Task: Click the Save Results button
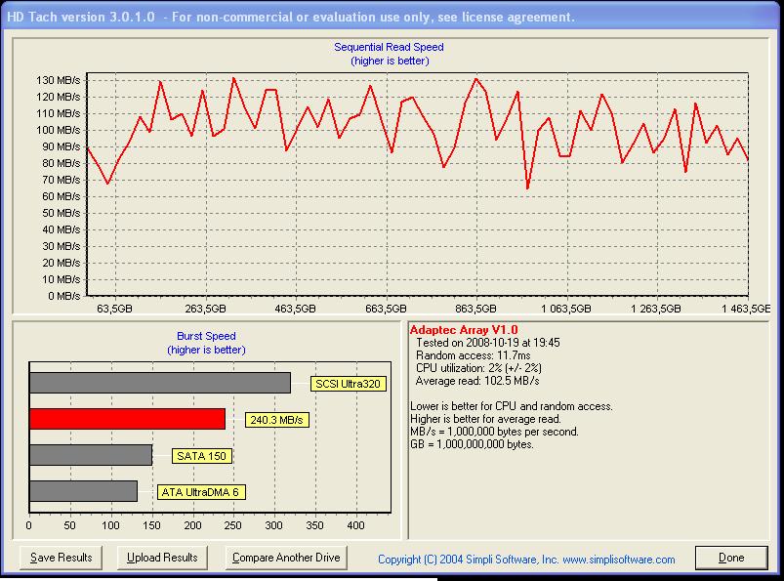(61, 558)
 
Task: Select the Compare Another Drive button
(286, 558)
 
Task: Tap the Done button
(731, 558)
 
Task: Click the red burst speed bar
(128, 419)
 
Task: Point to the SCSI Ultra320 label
(348, 384)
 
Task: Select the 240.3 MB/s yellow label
(277, 420)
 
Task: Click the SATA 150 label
(202, 456)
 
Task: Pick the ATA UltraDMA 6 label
(201, 492)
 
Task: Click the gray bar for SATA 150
(91, 455)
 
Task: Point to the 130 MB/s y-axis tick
(58, 80)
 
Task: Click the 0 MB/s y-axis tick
(64, 296)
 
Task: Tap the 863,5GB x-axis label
(475, 309)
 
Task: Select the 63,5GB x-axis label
(114, 309)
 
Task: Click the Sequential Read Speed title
(389, 47)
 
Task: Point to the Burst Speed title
(206, 336)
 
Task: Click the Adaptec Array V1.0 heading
(464, 330)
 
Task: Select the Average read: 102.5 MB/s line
(477, 381)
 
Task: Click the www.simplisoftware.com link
(619, 560)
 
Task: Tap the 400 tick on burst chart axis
(355, 525)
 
